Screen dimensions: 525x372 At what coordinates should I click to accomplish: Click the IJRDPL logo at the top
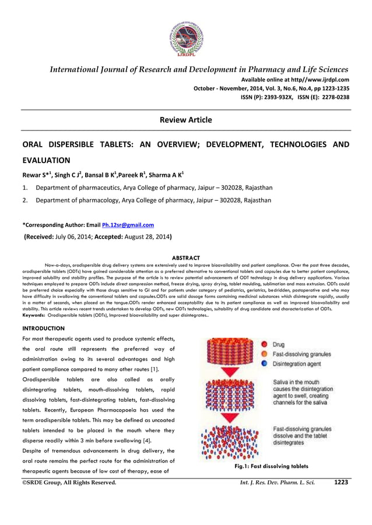(x=185, y=36)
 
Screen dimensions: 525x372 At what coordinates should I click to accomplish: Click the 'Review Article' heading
(x=185, y=120)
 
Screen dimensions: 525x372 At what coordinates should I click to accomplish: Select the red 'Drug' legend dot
(x=264, y=345)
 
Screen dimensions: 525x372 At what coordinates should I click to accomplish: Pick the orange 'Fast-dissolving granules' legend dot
(x=264, y=354)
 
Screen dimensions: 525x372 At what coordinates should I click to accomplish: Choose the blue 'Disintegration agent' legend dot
(x=264, y=364)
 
